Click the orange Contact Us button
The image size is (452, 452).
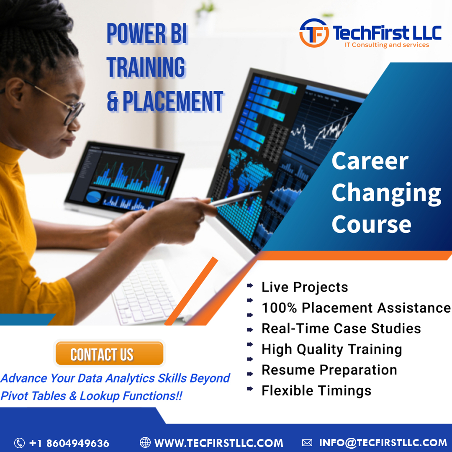click(x=109, y=354)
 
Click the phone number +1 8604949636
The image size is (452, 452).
click(x=69, y=443)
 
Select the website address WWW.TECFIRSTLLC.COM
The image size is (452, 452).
click(x=218, y=443)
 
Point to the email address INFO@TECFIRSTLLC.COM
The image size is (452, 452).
click(x=383, y=442)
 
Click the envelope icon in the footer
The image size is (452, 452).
click(x=307, y=442)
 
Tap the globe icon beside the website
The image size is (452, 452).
click(x=145, y=442)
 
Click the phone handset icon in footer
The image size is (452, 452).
click(x=19, y=443)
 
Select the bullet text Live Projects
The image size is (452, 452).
click(x=305, y=287)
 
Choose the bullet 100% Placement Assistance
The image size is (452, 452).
click(x=356, y=308)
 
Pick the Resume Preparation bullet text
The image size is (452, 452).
click(x=329, y=370)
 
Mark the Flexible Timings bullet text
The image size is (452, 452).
click(x=316, y=390)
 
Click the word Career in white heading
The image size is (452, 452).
click(x=370, y=161)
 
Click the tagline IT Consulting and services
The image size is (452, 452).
click(x=386, y=45)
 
